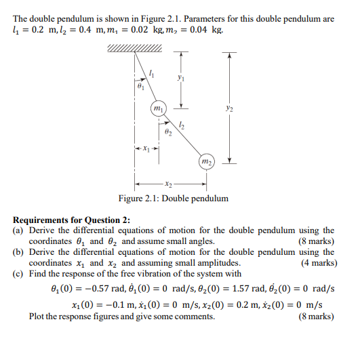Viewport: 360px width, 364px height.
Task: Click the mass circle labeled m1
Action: coord(158,108)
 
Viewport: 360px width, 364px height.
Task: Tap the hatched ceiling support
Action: coord(134,48)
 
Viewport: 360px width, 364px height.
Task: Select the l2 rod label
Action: coord(181,123)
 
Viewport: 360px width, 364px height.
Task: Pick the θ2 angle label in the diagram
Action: coord(168,133)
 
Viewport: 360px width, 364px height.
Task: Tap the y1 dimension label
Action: coord(178,79)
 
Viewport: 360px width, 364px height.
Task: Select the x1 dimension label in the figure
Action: coord(146,148)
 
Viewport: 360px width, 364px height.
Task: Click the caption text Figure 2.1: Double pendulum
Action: coord(173,199)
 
